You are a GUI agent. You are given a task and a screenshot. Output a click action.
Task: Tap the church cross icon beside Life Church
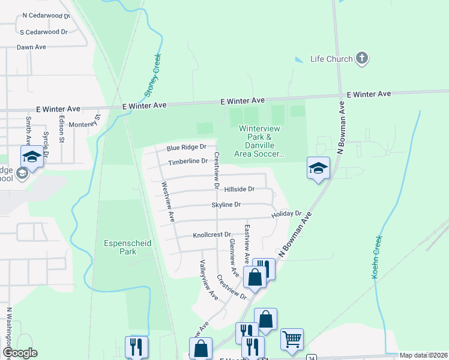[361, 58]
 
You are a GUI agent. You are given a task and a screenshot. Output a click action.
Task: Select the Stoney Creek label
[154, 82]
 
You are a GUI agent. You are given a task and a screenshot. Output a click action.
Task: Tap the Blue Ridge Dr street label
[187, 147]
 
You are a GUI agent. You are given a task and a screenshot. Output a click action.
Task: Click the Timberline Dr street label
[188, 161]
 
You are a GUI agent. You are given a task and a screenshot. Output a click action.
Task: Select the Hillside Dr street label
[240, 189]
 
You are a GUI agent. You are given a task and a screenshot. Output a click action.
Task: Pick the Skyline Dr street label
[226, 205]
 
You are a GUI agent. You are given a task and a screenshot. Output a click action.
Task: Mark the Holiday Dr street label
[286, 214]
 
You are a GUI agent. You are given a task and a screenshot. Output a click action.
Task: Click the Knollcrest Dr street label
[212, 235]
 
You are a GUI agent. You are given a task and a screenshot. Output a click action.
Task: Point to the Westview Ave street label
[166, 200]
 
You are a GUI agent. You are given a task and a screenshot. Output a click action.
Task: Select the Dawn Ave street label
[31, 47]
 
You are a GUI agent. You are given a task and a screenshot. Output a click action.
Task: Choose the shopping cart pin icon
[292, 339]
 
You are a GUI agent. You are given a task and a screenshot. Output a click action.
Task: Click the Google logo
[19, 353]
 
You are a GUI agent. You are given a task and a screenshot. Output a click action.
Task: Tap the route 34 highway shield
[311, 358]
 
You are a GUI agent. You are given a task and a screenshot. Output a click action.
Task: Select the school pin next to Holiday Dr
[318, 167]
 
